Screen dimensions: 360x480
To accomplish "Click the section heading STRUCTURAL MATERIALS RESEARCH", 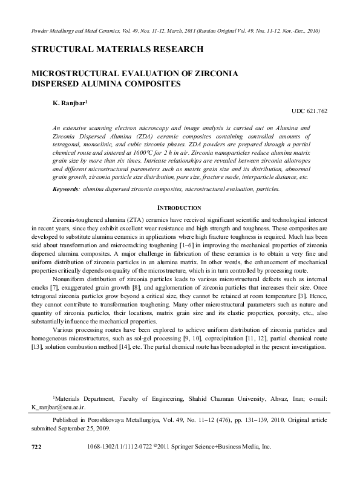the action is point(113,48).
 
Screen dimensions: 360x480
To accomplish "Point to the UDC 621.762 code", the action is point(309,112).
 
